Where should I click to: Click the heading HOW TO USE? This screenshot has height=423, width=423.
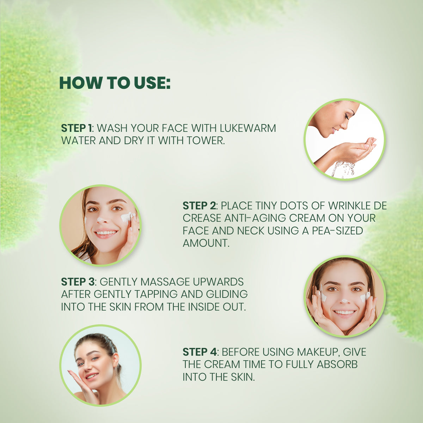(115, 82)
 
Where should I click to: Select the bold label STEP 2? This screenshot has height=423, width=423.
(199, 206)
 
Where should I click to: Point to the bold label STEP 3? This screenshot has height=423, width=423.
(78, 282)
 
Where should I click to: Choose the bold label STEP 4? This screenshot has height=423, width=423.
(200, 352)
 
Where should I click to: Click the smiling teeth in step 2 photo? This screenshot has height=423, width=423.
(105, 233)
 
